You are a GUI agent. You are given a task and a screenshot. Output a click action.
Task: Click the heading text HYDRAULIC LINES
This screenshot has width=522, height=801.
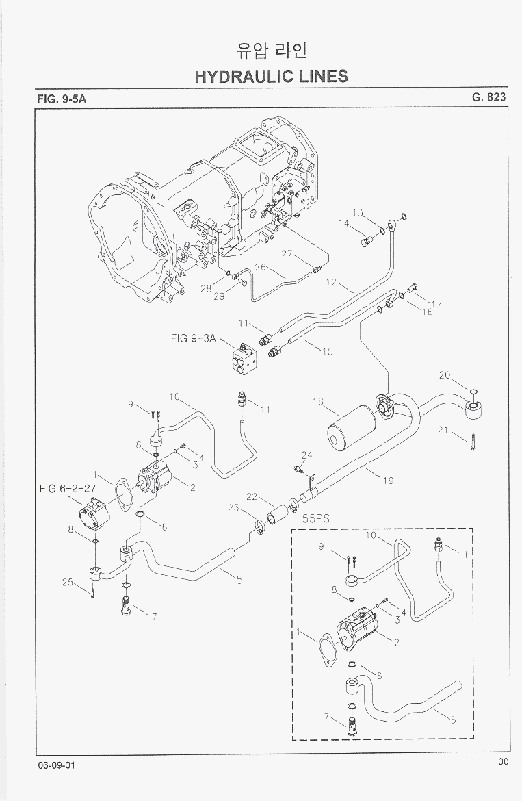coord(271,76)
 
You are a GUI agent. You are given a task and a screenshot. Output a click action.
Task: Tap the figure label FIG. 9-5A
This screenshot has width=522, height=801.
coord(62,99)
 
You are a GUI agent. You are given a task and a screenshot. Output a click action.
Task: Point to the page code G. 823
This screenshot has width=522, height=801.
coord(488,97)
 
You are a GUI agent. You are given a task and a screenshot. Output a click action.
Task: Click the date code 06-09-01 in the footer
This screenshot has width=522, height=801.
coord(57,765)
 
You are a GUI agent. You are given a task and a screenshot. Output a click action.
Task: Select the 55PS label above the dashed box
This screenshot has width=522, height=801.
coord(316,519)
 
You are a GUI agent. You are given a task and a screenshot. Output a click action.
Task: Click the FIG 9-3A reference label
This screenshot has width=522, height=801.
coord(194,338)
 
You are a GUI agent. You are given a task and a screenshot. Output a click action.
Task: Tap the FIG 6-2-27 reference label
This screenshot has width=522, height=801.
coord(66,488)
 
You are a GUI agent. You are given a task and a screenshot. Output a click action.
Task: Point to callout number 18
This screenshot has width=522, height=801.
coord(318,402)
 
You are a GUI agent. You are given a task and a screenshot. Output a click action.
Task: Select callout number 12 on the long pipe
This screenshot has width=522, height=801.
coord(331,281)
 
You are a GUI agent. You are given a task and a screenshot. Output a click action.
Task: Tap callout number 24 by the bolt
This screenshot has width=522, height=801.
coord(306,455)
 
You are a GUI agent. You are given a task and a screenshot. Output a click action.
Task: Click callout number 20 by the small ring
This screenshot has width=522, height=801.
coord(445,374)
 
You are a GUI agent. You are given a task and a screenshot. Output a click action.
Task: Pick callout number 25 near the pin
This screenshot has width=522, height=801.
coord(67,582)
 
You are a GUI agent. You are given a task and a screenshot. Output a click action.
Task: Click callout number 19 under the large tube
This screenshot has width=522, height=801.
coord(388,480)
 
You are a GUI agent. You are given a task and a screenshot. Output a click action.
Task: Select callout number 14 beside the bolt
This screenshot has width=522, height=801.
coord(344,223)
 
